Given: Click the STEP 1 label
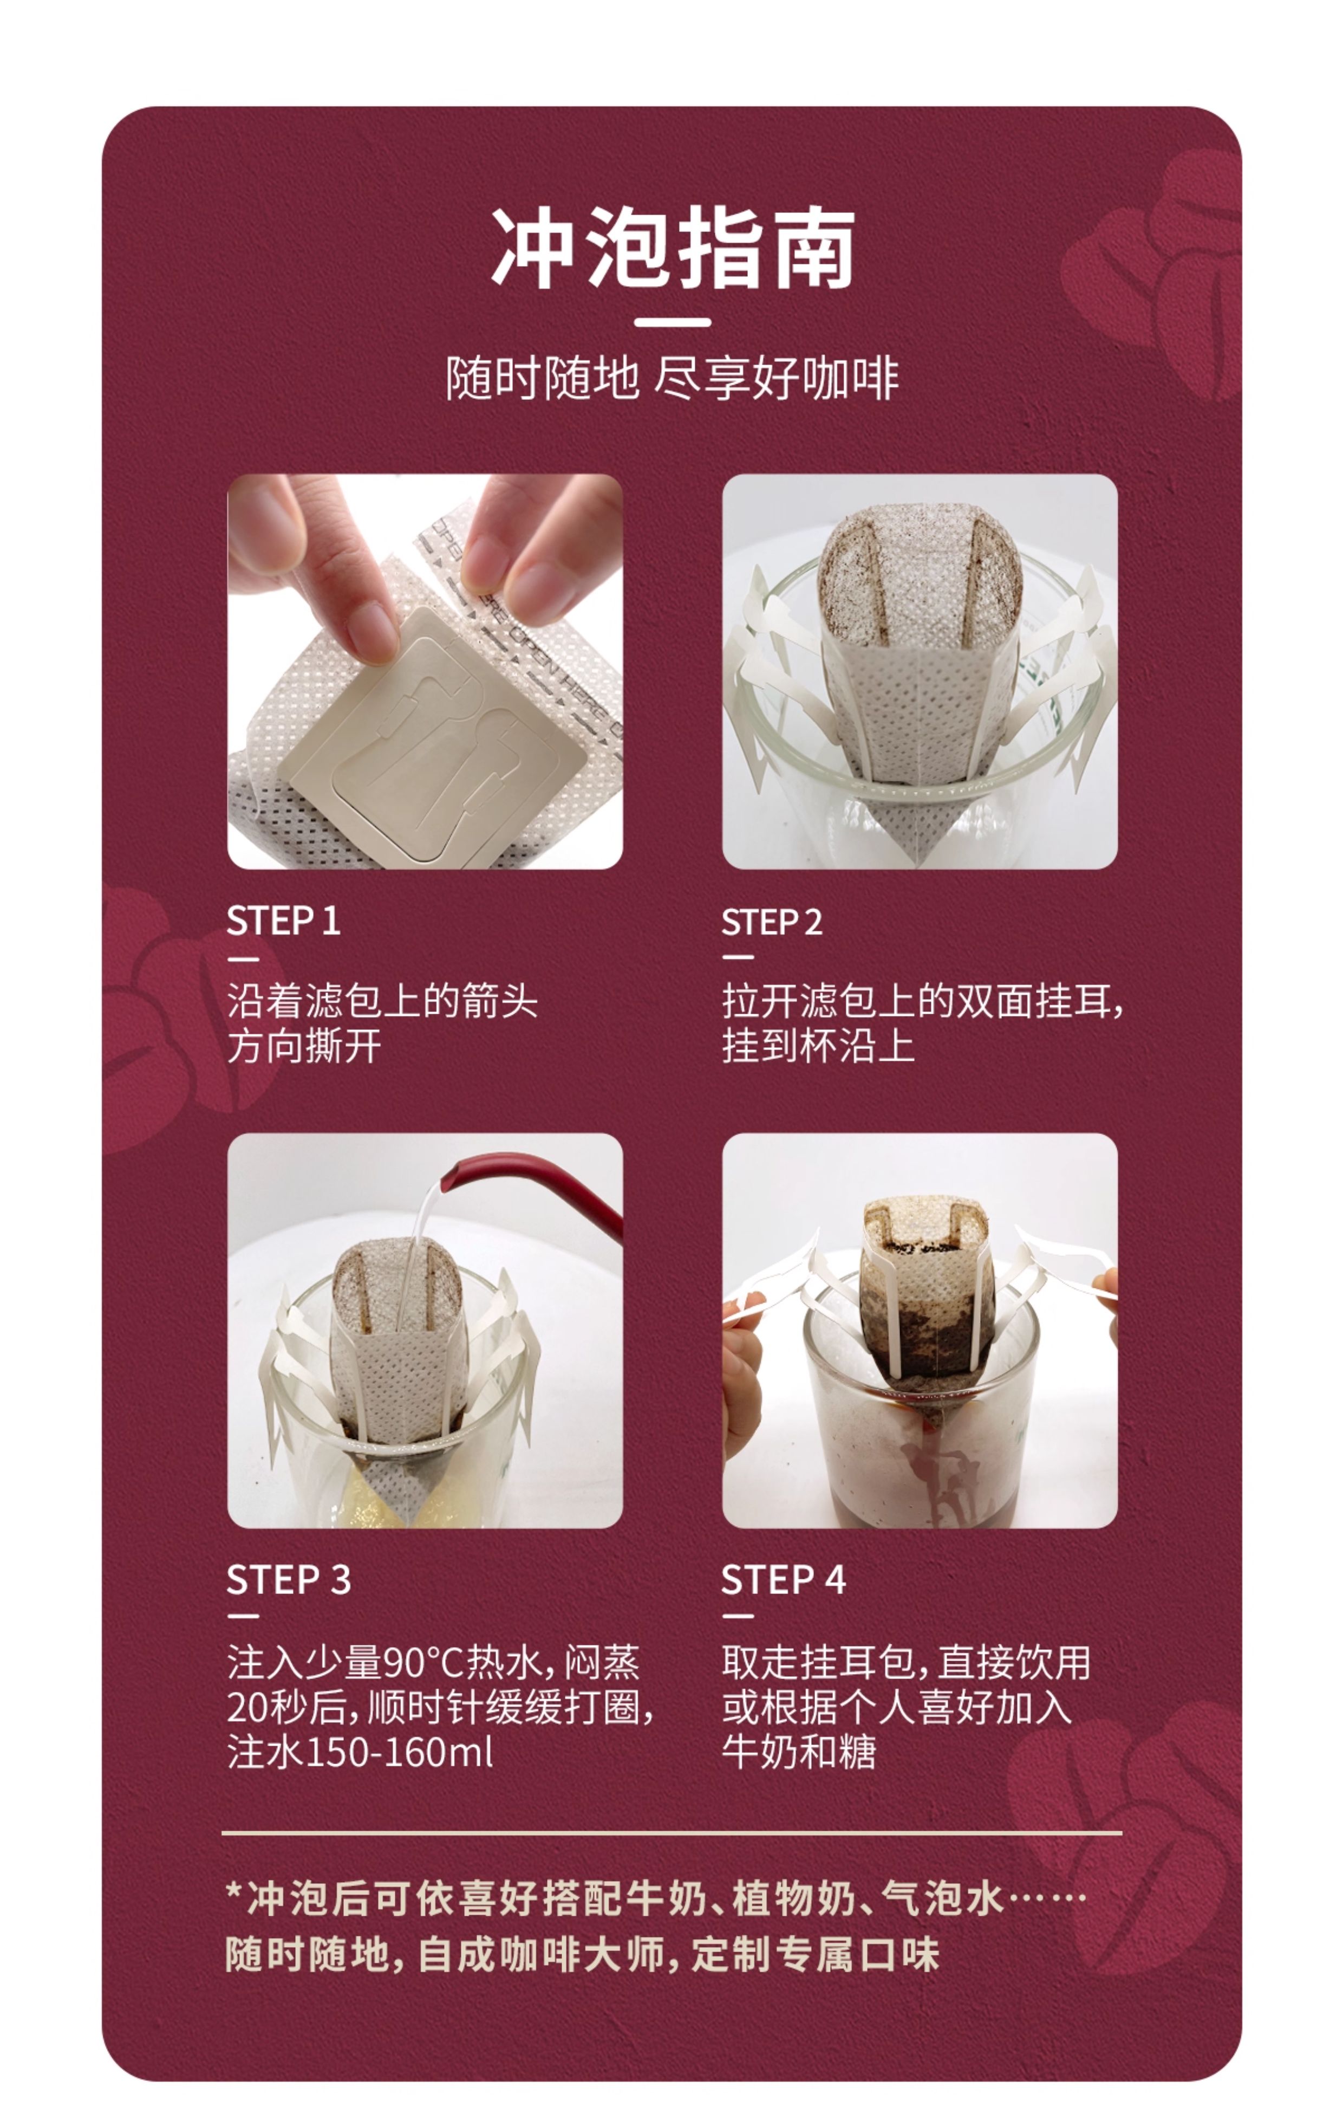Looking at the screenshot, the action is click(283, 922).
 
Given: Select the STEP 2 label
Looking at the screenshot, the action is click(772, 922).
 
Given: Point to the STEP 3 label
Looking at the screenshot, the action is click(289, 1580).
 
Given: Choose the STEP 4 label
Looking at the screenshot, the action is click(784, 1580).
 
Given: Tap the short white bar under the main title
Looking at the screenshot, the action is click(672, 322).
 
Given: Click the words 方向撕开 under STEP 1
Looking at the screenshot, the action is click(304, 1046).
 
